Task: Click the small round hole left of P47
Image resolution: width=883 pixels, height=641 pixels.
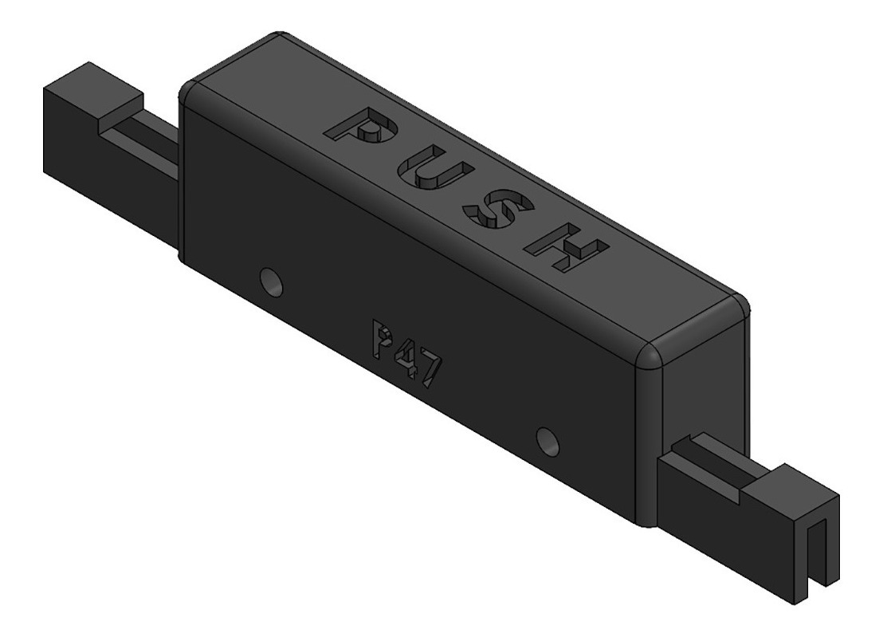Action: click(271, 281)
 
